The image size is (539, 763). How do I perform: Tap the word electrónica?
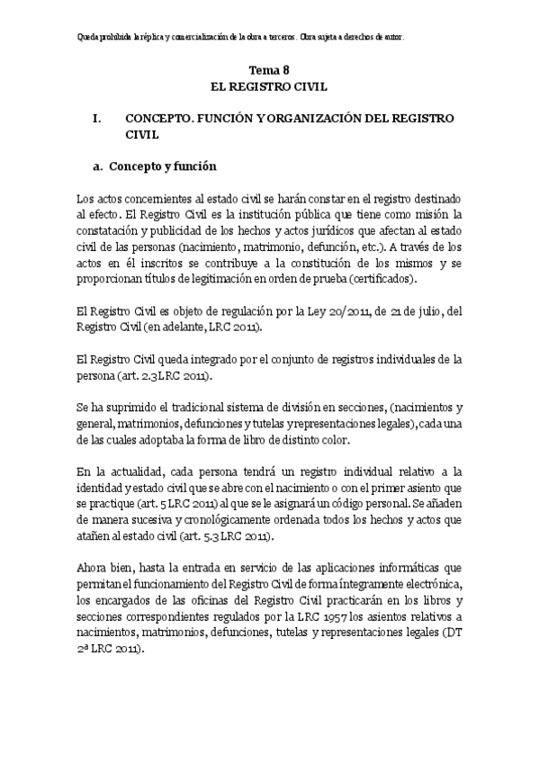click(427, 584)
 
